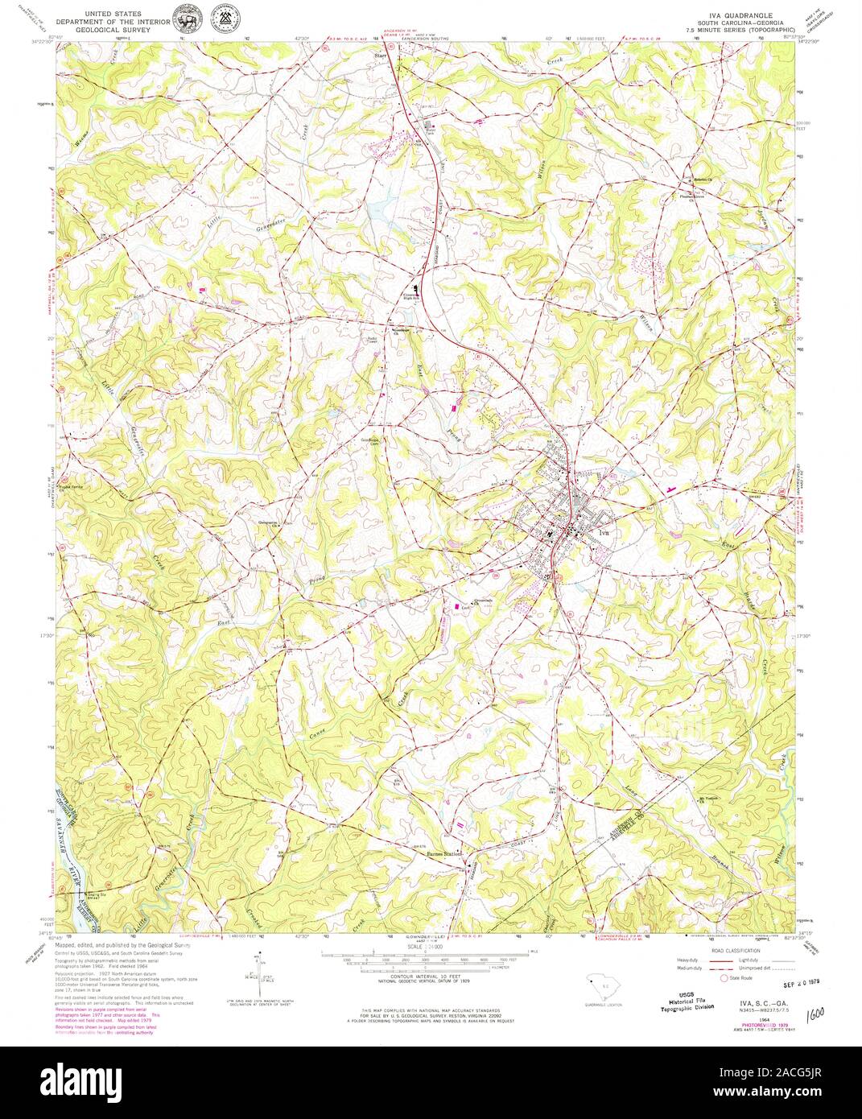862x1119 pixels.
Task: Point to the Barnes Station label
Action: (447, 854)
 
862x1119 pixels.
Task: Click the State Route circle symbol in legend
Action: (723, 977)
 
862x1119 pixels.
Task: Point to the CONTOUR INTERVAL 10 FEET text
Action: (413, 973)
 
